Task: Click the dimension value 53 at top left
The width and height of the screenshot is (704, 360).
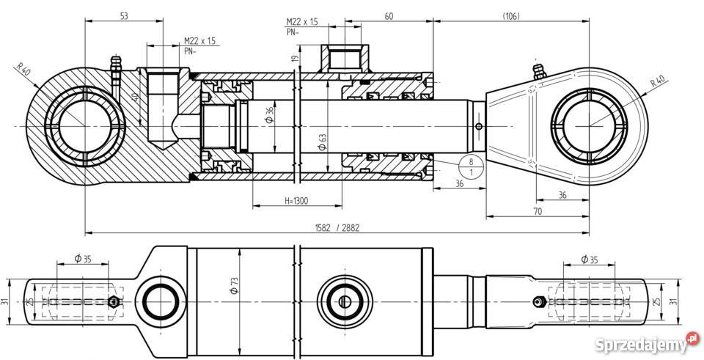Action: (123, 15)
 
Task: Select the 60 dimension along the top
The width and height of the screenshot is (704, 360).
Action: (389, 15)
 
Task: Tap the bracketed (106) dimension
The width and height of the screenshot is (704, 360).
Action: (512, 15)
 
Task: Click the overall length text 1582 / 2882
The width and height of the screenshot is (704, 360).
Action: (335, 228)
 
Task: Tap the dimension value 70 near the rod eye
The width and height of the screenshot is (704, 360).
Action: (538, 212)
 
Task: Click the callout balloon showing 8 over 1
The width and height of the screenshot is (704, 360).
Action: (470, 166)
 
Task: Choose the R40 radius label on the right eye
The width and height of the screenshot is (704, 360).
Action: (657, 81)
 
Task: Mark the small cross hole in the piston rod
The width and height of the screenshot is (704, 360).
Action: (479, 126)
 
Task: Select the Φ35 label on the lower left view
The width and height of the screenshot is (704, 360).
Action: (83, 259)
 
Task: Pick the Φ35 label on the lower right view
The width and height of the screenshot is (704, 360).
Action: (589, 259)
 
